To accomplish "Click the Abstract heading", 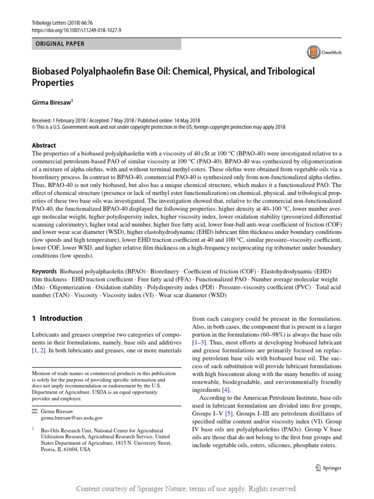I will (x=44, y=145).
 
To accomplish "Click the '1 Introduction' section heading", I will (x=57, y=318).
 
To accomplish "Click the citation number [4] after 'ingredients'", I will (x=225, y=390).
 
